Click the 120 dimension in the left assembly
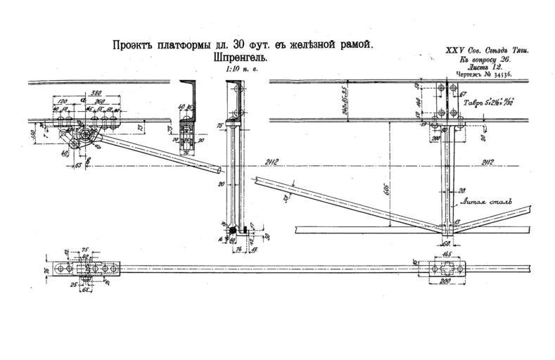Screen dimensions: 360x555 [64, 101]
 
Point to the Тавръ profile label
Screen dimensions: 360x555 [478, 103]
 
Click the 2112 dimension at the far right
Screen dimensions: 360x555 [483, 162]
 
